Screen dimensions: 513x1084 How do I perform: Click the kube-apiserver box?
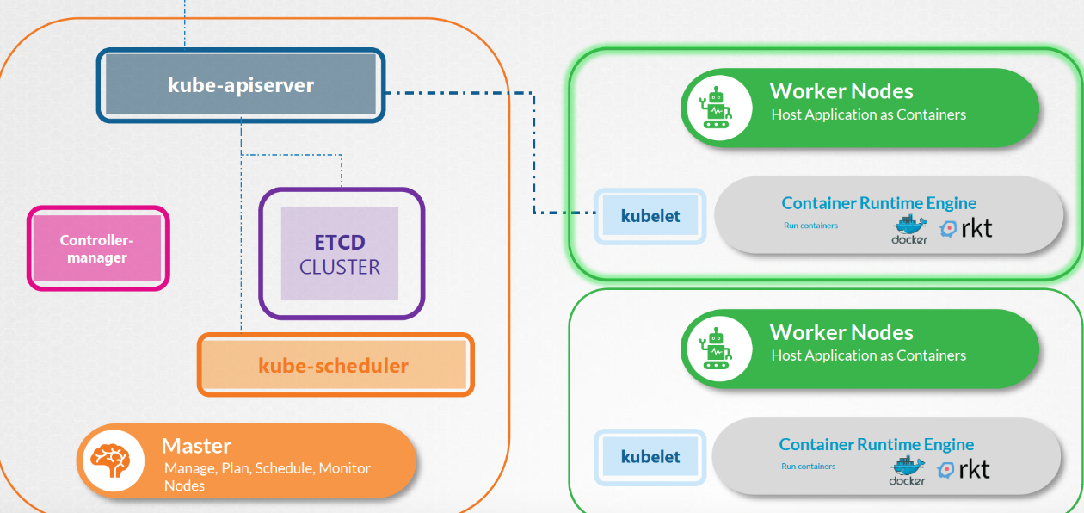(241, 85)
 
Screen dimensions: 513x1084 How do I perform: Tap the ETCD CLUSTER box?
(340, 253)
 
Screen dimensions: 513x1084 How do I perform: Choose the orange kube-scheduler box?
(335, 365)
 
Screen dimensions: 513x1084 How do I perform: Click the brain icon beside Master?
(108, 461)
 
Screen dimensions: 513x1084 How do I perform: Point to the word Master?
(196, 446)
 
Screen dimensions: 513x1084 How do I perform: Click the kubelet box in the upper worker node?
(650, 215)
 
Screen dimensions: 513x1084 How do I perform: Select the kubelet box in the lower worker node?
(650, 456)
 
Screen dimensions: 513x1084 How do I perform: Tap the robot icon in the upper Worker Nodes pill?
(716, 108)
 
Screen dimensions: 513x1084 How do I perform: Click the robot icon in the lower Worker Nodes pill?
(716, 349)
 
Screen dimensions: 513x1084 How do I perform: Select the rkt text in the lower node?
(974, 469)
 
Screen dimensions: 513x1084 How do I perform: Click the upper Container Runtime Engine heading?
(878, 203)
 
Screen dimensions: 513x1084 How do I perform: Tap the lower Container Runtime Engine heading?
(876, 444)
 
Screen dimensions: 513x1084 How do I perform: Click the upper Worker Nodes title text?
(841, 91)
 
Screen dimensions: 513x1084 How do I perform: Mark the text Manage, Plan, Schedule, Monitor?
(267, 468)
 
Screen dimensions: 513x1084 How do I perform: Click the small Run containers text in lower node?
(808, 467)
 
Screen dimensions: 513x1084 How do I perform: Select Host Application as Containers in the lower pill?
(868, 355)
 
